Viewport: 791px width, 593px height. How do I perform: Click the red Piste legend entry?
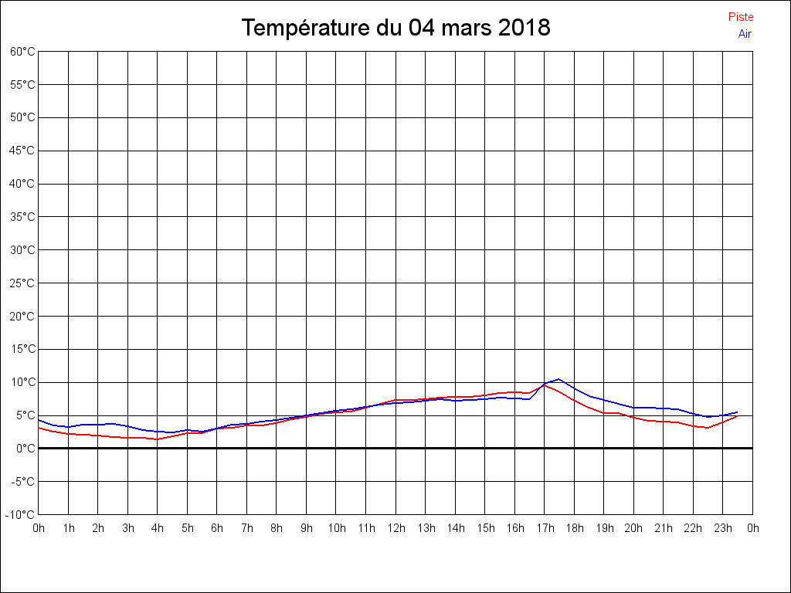[x=740, y=17]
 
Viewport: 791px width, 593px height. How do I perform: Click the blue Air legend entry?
[x=745, y=34]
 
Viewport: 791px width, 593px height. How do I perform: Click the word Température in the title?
[x=306, y=29]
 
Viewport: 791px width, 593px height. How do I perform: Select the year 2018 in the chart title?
[x=524, y=29]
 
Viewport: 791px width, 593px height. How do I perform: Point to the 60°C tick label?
[x=22, y=52]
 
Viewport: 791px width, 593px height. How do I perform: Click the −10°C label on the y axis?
[x=21, y=514]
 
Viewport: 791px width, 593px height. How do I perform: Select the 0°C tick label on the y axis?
[x=25, y=448]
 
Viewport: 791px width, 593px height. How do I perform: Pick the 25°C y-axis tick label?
[x=22, y=283]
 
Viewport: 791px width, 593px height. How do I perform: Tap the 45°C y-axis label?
[x=22, y=151]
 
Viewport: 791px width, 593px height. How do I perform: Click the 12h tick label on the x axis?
[x=396, y=529]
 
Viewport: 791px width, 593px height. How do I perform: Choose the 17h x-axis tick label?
[x=545, y=529]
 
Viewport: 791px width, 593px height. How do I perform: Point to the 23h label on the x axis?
[x=723, y=529]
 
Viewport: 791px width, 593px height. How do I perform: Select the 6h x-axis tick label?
[x=217, y=529]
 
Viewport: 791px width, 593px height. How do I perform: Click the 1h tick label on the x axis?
[x=69, y=529]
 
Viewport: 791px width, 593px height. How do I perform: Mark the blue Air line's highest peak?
[x=558, y=379]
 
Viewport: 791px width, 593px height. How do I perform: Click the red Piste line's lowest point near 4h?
[x=158, y=439]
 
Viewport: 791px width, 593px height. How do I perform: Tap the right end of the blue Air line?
[x=738, y=412]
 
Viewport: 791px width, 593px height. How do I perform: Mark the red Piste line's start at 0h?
[x=39, y=427]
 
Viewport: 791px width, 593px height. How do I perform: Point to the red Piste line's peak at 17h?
[x=544, y=385]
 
